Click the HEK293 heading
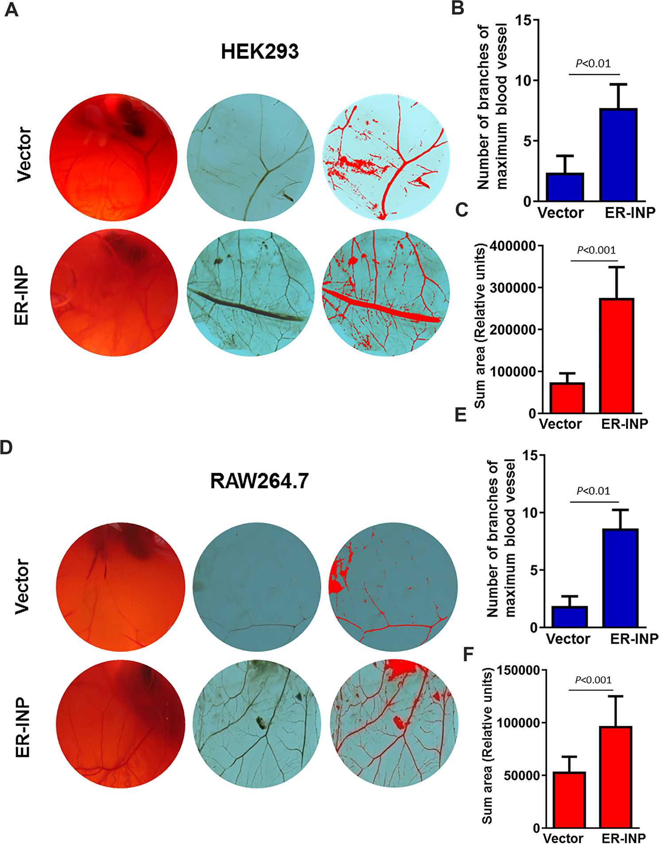260,52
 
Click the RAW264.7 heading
259,481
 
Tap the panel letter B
457,8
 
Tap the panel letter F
468,654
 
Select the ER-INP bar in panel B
618,155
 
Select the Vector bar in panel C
567,398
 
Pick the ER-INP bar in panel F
616,777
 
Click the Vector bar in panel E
570,617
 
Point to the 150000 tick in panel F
519,670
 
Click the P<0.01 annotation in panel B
593,64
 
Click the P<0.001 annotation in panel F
593,680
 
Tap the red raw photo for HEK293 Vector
113,157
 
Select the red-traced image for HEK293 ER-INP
386,292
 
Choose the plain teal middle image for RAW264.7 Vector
257,587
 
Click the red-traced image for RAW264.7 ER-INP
394,724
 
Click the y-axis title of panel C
480,325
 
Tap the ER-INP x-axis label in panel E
634,639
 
